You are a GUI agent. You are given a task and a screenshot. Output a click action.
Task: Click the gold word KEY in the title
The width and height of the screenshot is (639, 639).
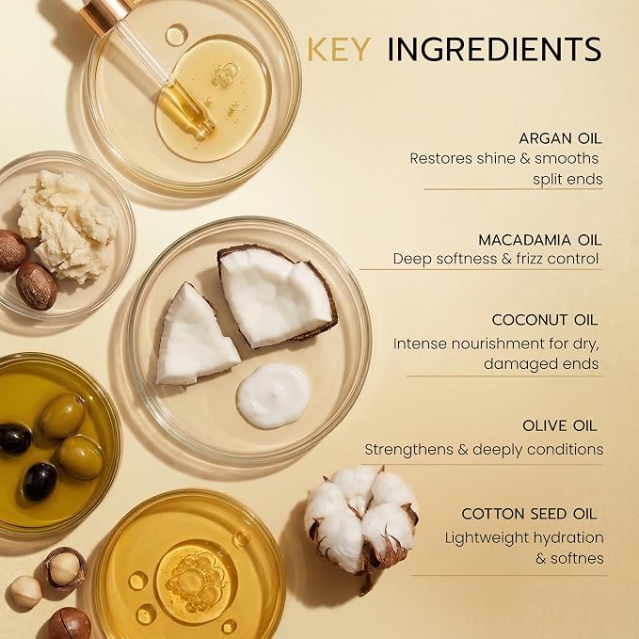[x=338, y=49]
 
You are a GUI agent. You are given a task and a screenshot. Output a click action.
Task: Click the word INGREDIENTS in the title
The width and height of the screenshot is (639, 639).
[x=494, y=49]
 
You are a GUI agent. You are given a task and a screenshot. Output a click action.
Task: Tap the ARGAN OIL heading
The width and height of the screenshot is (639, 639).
[x=560, y=138]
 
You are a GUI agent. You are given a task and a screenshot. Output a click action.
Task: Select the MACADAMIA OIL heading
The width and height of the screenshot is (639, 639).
[x=539, y=240]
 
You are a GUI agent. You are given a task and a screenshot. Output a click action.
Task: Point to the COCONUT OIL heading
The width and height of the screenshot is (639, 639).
[x=545, y=320]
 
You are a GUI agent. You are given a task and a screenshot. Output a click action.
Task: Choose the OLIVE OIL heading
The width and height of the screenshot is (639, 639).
[x=559, y=425]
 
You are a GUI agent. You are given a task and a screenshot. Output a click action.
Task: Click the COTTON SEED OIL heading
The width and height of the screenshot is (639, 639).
[x=529, y=514]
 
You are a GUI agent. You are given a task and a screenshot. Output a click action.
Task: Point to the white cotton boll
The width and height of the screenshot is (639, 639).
[x=360, y=521]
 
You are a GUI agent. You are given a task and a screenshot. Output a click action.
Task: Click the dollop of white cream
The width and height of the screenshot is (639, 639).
[x=273, y=395]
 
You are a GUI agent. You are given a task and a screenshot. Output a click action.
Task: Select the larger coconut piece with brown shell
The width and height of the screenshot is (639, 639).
[x=277, y=296]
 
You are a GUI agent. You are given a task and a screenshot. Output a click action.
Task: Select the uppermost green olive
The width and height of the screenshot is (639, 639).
[x=62, y=416]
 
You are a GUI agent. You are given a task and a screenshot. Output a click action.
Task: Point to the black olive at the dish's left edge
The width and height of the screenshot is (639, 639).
[x=15, y=439]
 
